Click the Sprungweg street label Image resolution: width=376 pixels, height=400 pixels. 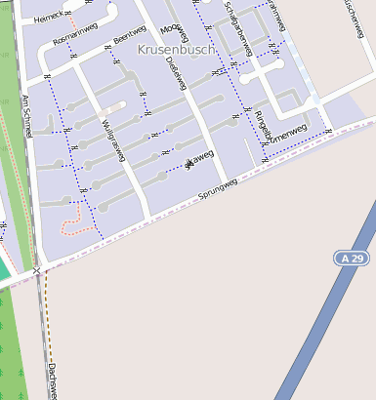218,189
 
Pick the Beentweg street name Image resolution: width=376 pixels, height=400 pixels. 129,33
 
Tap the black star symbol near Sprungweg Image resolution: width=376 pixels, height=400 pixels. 188,163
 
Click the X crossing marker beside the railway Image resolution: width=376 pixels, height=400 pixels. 36,270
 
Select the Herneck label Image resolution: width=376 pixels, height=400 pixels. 47,18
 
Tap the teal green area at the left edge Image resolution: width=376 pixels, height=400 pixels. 4,268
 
